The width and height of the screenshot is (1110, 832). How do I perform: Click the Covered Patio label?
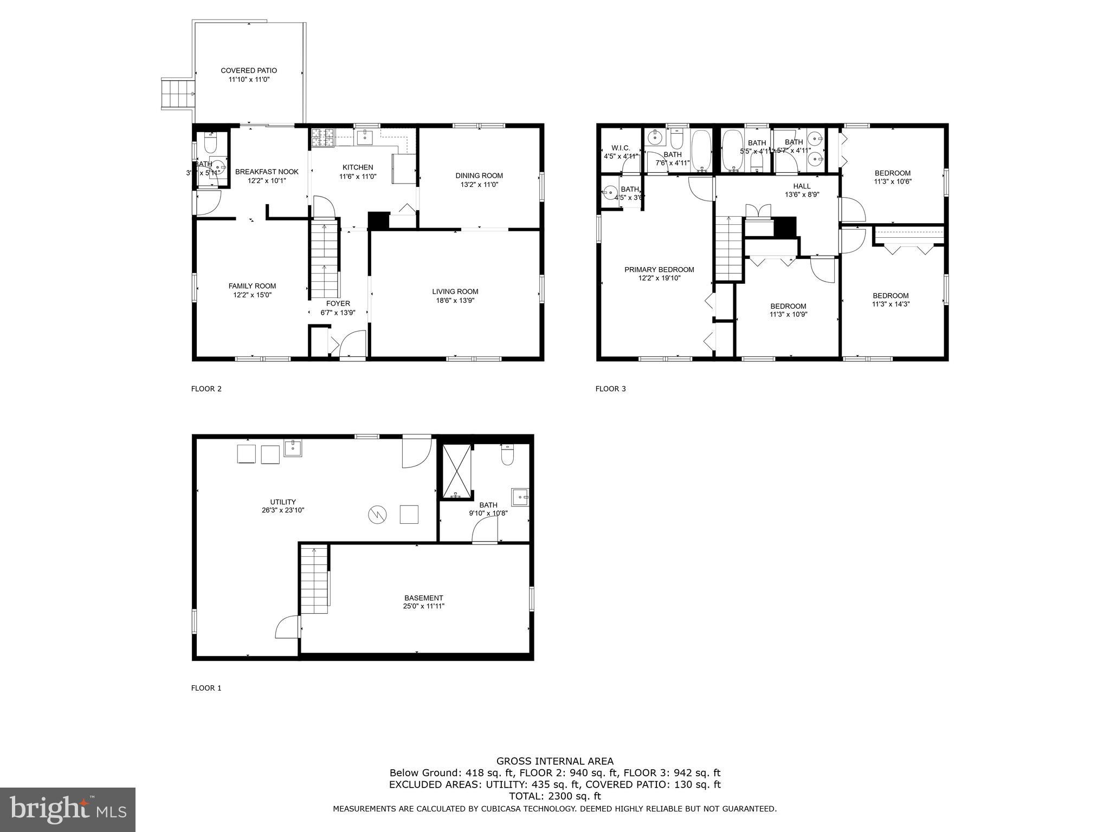pyautogui.click(x=249, y=70)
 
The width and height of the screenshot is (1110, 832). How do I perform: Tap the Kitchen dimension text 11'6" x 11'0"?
pyautogui.click(x=358, y=176)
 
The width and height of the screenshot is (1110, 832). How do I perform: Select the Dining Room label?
pyautogui.click(x=479, y=175)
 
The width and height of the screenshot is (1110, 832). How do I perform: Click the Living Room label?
pyautogui.click(x=455, y=291)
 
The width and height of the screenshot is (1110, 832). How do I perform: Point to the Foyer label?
pyautogui.click(x=338, y=303)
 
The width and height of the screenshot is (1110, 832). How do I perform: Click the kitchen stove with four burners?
pyautogui.click(x=323, y=138)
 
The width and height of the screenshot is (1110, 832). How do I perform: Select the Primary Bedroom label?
pyautogui.click(x=659, y=270)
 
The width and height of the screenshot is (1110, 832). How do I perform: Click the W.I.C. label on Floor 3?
pyautogui.click(x=621, y=148)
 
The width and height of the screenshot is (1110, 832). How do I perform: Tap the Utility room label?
pyautogui.click(x=283, y=502)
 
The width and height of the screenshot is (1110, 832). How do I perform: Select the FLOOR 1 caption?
pyautogui.click(x=206, y=688)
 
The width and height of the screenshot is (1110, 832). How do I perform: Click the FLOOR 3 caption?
pyautogui.click(x=610, y=388)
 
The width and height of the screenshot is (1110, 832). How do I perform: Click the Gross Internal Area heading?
pyautogui.click(x=554, y=761)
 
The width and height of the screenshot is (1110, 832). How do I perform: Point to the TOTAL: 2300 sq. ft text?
pyautogui.click(x=554, y=796)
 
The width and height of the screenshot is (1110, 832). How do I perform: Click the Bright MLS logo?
pyautogui.click(x=68, y=809)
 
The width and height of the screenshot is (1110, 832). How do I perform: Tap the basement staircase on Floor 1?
pyautogui.click(x=315, y=580)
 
